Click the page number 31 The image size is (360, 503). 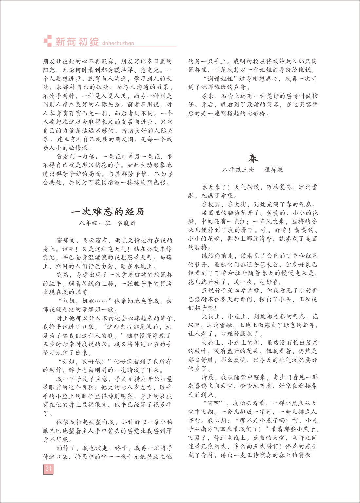[48, 468]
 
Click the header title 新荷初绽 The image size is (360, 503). [77, 42]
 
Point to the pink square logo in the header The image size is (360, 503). [47, 41]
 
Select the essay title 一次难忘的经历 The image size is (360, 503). [107, 212]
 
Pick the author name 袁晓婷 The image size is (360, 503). [126, 223]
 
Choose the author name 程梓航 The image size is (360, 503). [274, 170]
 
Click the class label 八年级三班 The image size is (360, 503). [238, 170]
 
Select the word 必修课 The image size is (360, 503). [78, 148]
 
